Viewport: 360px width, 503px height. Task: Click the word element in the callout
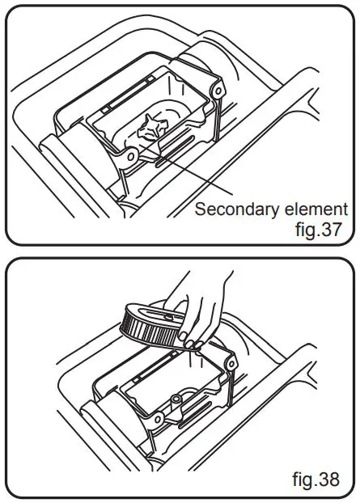(318, 210)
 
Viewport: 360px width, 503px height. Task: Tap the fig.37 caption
(321, 229)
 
